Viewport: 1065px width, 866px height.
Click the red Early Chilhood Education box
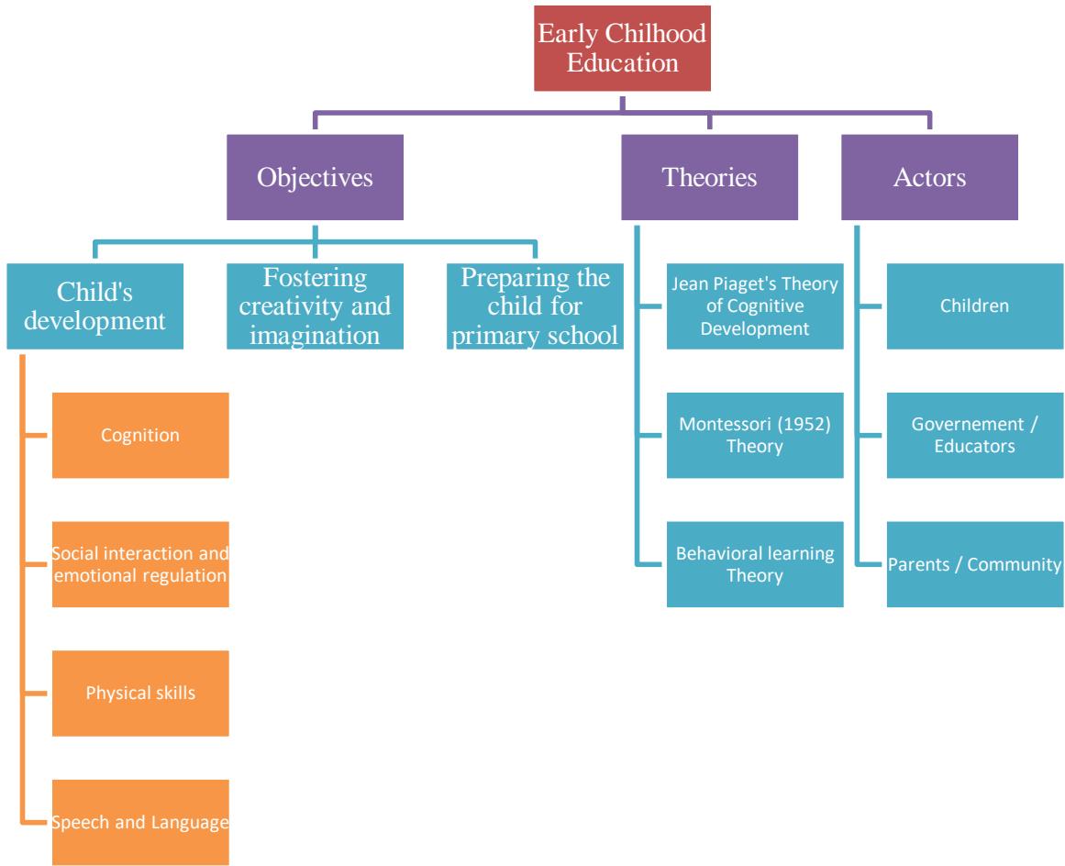(x=622, y=48)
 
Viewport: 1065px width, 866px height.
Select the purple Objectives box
(x=315, y=177)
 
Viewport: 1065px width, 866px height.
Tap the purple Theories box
(x=709, y=177)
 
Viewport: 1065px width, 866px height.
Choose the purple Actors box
(x=929, y=177)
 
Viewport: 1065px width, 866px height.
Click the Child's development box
(x=95, y=306)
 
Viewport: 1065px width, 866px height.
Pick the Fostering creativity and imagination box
(x=315, y=306)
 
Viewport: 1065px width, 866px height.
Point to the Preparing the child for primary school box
(x=535, y=306)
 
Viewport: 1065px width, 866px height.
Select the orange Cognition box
(x=140, y=436)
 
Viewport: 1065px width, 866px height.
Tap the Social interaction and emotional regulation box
(x=140, y=564)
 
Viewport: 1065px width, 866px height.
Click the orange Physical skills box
(x=140, y=693)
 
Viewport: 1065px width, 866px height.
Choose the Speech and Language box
(x=140, y=822)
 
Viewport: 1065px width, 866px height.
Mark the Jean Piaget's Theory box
(x=755, y=306)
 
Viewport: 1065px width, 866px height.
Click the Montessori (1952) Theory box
(x=755, y=436)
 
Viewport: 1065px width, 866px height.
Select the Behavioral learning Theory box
(x=755, y=564)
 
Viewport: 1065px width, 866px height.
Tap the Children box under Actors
(x=974, y=306)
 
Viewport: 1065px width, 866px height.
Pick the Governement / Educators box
(x=974, y=436)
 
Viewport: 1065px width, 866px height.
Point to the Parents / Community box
(x=974, y=564)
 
